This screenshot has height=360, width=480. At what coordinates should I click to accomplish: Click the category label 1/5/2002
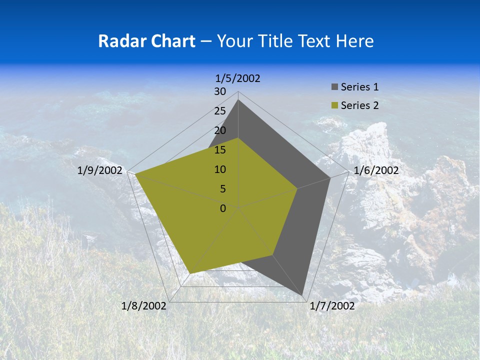238,78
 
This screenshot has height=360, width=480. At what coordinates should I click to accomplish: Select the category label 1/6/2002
376,170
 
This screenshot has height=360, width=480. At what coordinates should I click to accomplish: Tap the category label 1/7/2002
332,306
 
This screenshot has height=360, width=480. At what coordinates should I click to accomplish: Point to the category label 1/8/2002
144,306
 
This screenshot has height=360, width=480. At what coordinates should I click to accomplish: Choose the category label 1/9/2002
100,170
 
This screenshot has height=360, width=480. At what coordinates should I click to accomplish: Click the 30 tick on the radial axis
220,91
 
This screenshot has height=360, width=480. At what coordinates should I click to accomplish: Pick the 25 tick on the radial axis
220,111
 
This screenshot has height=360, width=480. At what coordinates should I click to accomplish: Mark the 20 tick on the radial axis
220,130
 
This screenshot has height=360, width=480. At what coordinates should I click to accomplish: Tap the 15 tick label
220,150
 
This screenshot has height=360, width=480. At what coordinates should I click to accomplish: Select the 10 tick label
220,169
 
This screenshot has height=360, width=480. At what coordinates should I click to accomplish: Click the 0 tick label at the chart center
223,208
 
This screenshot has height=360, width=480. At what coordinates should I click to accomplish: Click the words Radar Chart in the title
146,41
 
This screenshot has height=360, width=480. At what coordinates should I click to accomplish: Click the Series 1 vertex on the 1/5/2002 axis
238,100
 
